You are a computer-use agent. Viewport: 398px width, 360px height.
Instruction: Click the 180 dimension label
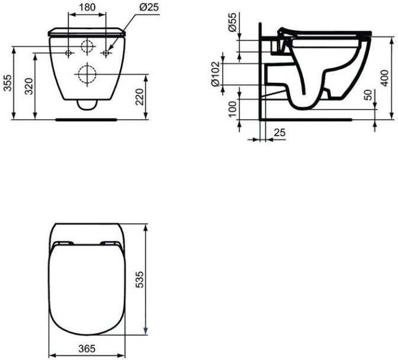coord(87,7)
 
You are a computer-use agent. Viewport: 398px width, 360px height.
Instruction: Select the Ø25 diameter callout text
coord(149,7)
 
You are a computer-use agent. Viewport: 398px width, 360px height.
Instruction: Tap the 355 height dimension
coord(7,82)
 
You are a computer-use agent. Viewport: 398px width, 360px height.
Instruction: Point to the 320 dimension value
coord(28,86)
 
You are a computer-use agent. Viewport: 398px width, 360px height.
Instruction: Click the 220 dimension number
coord(139,97)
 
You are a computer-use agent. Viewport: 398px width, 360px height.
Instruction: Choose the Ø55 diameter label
coord(232,22)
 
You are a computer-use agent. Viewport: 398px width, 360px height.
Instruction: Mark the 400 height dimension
coord(385,78)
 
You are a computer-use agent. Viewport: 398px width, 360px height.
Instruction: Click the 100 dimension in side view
coord(232,109)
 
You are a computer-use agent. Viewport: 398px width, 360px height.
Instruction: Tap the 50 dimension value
coord(369,95)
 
